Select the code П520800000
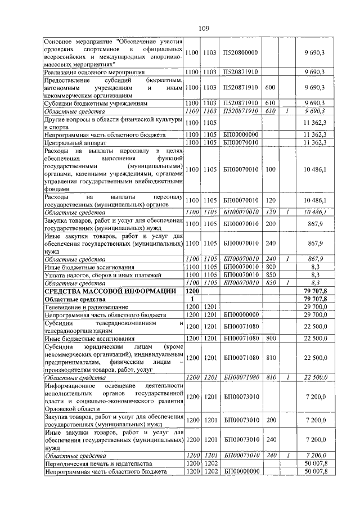click(x=240, y=52)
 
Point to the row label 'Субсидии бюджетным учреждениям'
click(x=95, y=103)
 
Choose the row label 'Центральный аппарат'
click(x=73, y=143)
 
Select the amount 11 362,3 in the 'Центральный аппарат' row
click(x=315, y=143)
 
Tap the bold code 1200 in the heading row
click(x=192, y=291)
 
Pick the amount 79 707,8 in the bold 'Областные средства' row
click(x=315, y=299)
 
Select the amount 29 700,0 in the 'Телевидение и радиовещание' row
click(x=315, y=307)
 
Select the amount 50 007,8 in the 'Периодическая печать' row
click(x=315, y=463)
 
